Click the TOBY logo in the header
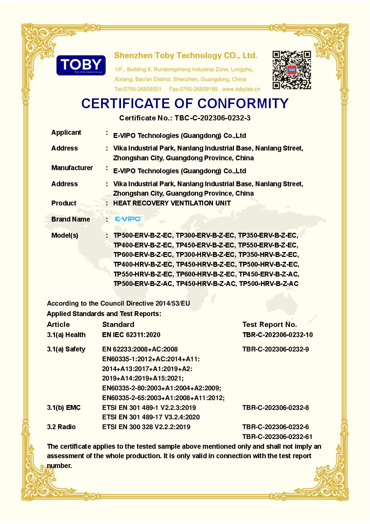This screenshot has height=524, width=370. point(81,65)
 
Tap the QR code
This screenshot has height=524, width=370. point(292,70)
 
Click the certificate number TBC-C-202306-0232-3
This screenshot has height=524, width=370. point(213,118)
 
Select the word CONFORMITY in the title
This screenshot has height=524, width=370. point(243,104)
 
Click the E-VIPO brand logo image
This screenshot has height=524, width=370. point(128,219)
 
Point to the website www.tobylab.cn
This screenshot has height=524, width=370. point(241,89)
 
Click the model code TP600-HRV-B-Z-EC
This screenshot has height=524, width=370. point(206,274)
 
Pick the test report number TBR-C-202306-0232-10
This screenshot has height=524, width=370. point(277,335)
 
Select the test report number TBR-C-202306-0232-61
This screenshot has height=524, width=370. point(277,436)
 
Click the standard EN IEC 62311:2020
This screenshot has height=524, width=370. point(131,335)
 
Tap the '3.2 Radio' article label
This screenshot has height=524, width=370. point(61,427)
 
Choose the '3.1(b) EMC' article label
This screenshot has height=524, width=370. point(64,408)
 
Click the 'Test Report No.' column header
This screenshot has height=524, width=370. point(270,324)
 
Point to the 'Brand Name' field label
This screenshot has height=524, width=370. point(71,219)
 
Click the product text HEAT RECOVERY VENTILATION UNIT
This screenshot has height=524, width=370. point(172,203)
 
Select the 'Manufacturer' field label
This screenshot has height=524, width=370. point(72,168)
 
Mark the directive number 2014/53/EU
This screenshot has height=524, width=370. point(173,303)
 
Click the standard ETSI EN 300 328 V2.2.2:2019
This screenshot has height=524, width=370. point(146,427)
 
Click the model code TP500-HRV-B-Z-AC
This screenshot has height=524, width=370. point(269,284)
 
